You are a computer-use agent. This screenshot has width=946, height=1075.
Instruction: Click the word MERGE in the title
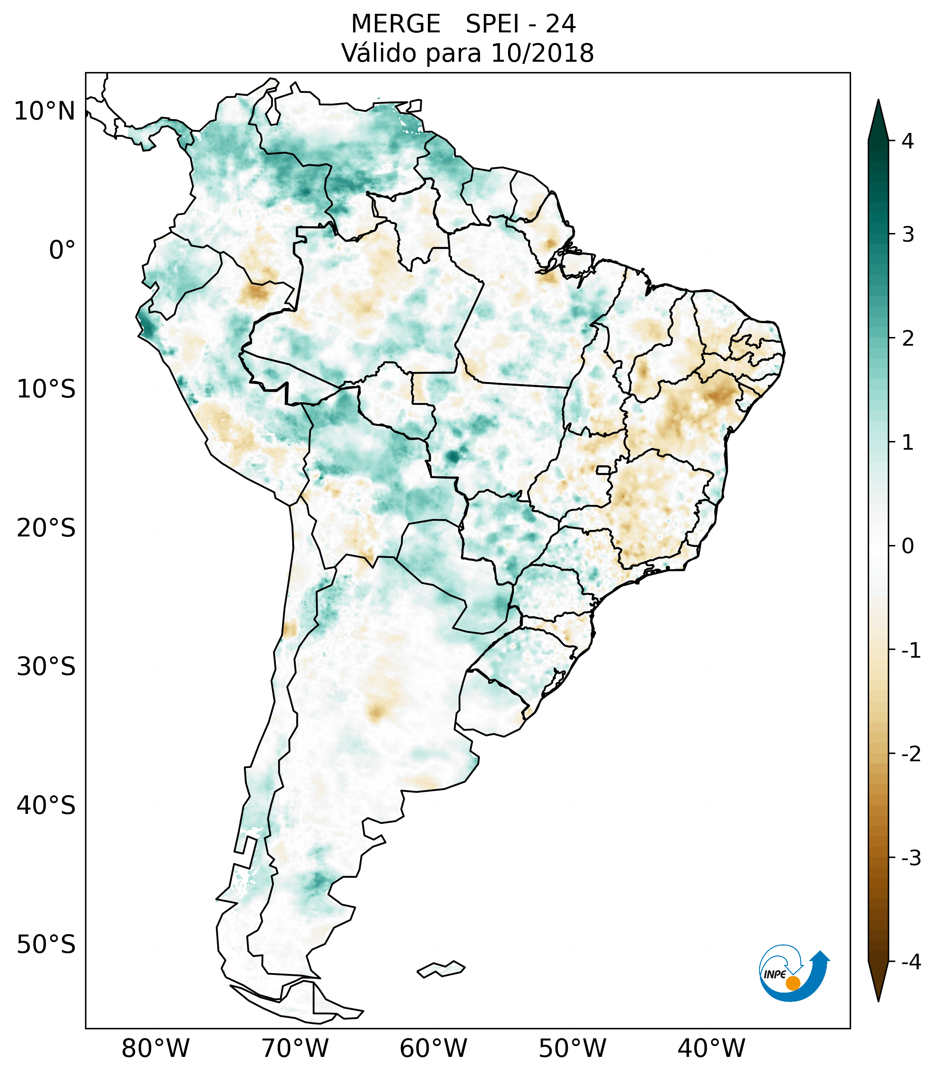tap(395, 24)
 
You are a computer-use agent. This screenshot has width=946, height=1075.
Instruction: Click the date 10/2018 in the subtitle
tap(542, 53)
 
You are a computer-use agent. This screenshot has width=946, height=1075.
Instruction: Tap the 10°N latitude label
tap(44, 111)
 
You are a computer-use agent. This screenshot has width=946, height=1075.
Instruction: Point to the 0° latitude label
tap(62, 250)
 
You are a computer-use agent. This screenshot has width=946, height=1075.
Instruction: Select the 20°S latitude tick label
tap(46, 528)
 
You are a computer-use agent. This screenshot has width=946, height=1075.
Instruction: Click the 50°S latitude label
tap(46, 945)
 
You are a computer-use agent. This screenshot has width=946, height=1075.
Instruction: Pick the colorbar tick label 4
tap(908, 141)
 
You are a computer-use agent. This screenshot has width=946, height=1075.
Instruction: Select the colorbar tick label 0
tap(908, 546)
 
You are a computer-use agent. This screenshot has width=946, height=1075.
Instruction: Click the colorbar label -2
tap(911, 754)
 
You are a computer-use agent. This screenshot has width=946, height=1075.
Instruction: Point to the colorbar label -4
tap(911, 962)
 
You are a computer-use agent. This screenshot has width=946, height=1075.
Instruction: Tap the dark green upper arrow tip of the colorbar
tap(878, 118)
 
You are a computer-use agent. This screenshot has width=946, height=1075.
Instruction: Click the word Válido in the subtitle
tap(379, 53)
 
